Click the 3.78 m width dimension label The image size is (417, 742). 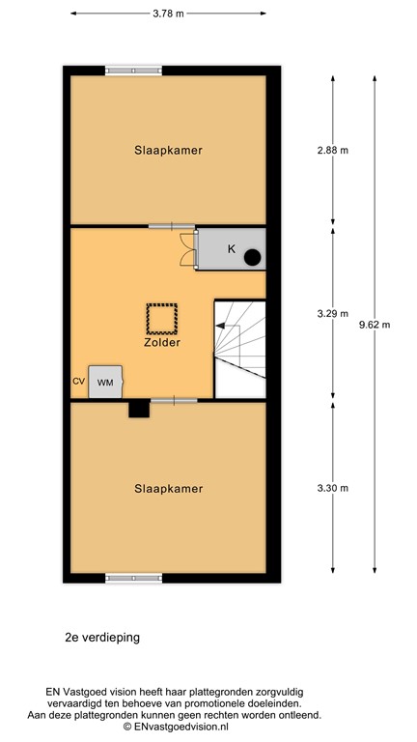pos(168,14)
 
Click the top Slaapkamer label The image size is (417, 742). pos(168,150)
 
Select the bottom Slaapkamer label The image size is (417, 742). pos(169,489)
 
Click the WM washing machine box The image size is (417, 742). pos(105,383)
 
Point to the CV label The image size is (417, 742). pos(78,382)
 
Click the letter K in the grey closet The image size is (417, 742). pos(231,249)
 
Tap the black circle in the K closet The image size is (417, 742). pos(253,257)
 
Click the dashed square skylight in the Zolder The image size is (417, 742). pos(161,316)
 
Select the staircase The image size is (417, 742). pos(239,347)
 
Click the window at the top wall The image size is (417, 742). pos(134,70)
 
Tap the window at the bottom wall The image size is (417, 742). pos(134,578)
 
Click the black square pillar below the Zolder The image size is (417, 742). pos(140,409)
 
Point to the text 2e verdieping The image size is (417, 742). pos(103,639)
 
